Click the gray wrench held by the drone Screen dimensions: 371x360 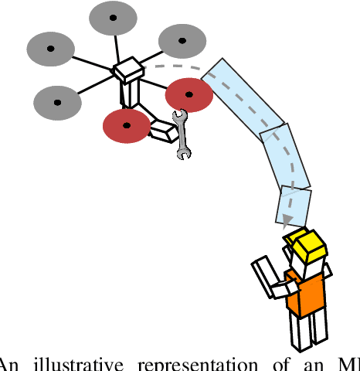pyautogui.click(x=182, y=134)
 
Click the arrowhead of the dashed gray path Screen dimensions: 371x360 pyautogui.click(x=287, y=222)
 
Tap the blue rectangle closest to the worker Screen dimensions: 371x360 pyautogui.click(x=294, y=206)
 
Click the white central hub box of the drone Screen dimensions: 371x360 pyautogui.click(x=128, y=71)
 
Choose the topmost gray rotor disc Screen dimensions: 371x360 pyautogui.click(x=112, y=18)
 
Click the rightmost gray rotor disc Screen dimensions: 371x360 pyautogui.click(x=182, y=41)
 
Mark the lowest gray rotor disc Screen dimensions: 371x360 pyautogui.click(x=58, y=102)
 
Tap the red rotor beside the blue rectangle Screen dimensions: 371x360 pyautogui.click(x=188, y=94)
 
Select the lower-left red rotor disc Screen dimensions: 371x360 pyautogui.click(x=127, y=125)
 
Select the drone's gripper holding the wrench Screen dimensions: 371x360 pyautogui.click(x=164, y=131)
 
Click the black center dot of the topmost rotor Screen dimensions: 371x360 pyautogui.click(x=112, y=18)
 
